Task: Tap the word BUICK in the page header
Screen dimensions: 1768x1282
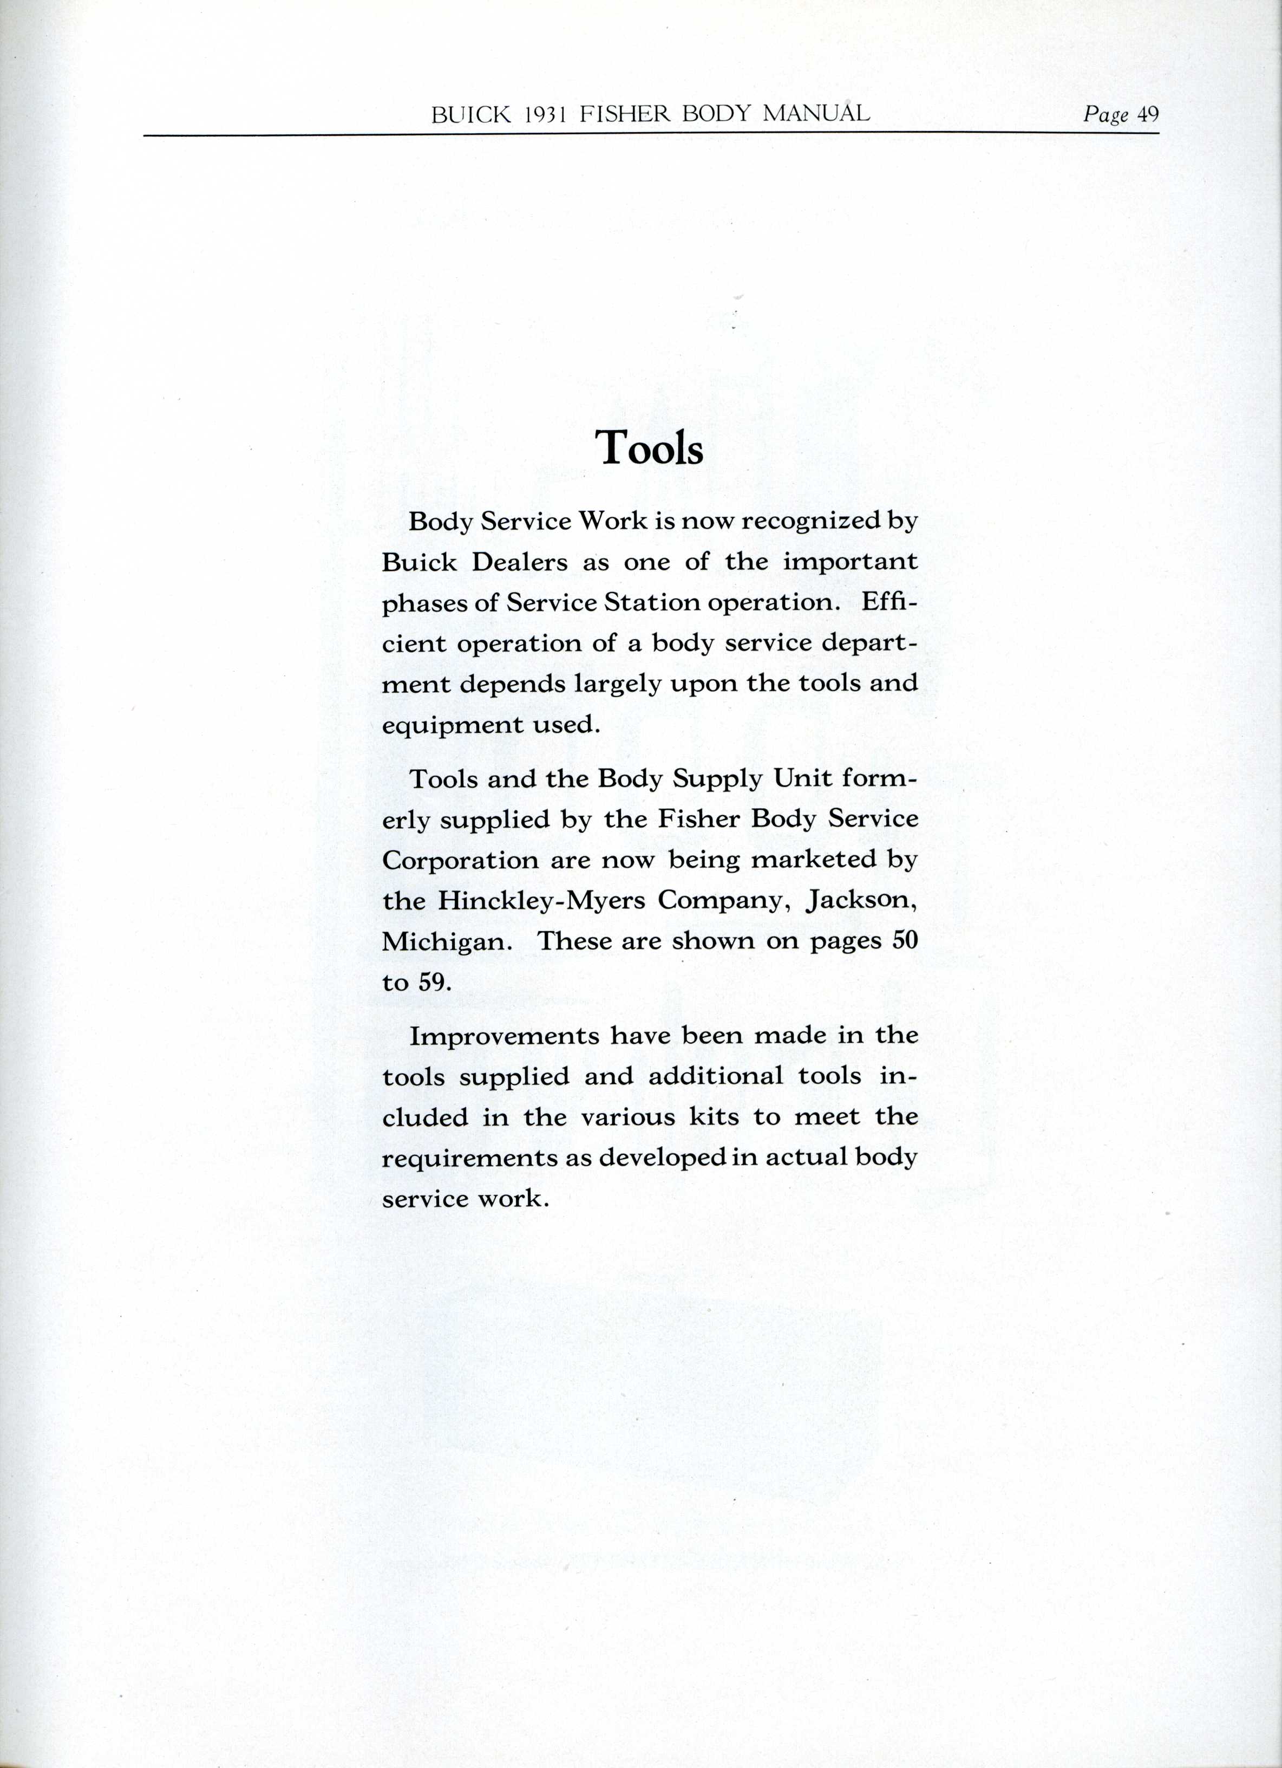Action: (x=470, y=115)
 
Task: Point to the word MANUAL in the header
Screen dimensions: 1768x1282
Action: (x=815, y=114)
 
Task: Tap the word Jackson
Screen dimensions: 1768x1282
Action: (x=861, y=901)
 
